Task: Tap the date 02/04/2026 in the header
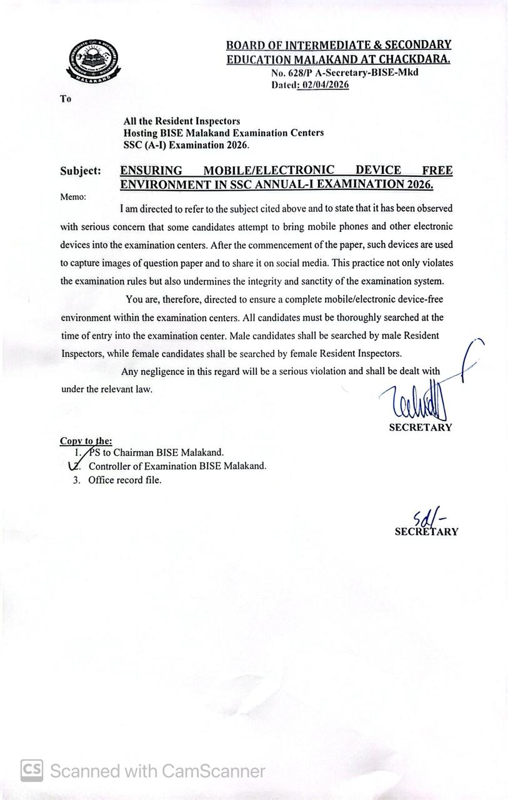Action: point(324,85)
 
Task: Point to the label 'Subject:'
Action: point(81,171)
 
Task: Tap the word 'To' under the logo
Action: point(66,98)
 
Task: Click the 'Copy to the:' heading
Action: point(86,441)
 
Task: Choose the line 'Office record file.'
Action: point(125,480)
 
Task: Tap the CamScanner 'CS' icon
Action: point(32,770)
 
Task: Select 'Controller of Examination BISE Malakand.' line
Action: point(177,466)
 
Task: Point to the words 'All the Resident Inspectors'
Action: point(181,121)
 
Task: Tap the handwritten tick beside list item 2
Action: point(74,465)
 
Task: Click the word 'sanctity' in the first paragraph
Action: point(345,281)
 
